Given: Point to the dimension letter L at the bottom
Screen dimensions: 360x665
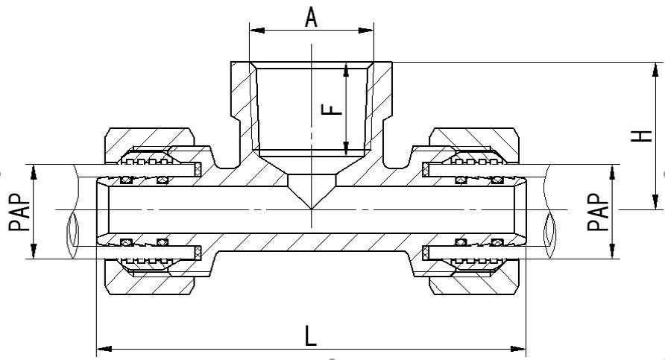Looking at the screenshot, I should coord(311,335).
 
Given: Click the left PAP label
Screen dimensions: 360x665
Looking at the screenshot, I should coord(20,212).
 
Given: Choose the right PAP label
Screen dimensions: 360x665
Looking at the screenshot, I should coord(599,212).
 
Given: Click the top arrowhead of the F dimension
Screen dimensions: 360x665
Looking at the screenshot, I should coord(347,69).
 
